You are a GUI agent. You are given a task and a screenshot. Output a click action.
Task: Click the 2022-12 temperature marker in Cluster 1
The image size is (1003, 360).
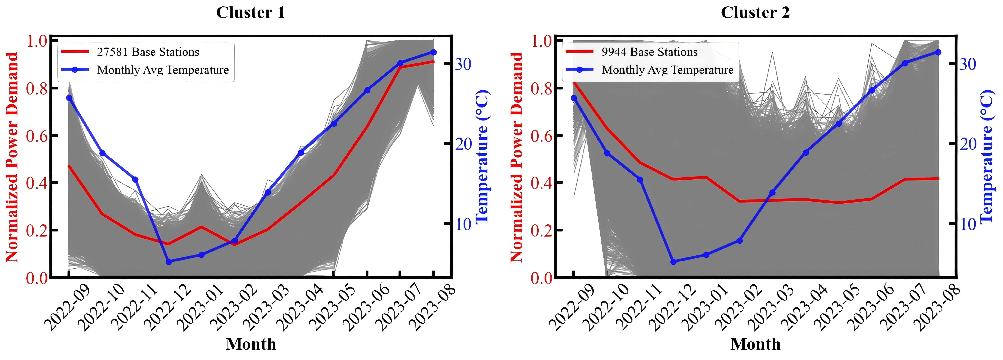point(169,262)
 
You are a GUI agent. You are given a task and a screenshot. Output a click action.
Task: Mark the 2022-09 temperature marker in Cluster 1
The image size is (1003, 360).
point(69,98)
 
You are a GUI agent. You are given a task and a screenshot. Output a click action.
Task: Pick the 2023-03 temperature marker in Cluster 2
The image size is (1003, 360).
point(773,193)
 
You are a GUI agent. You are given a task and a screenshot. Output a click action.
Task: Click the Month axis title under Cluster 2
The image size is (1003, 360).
point(755,344)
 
